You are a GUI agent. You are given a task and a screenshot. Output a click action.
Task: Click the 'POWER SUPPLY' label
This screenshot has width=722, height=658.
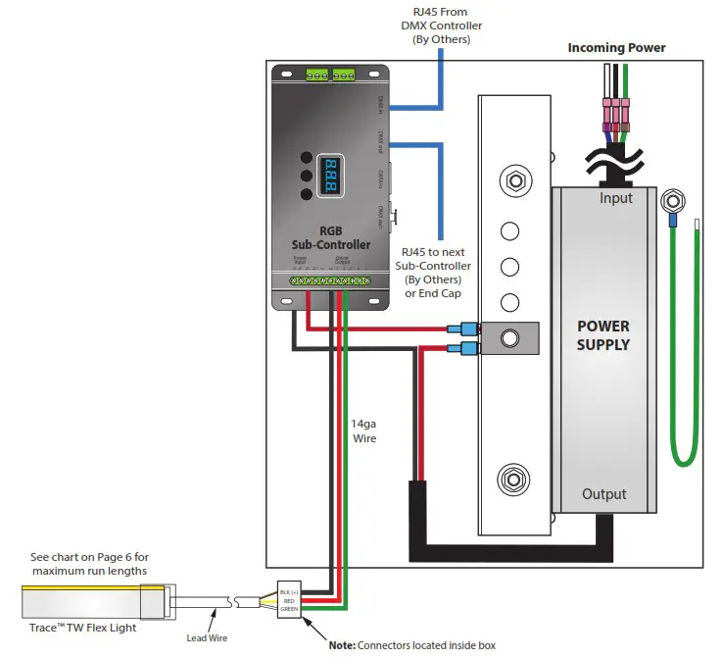602,335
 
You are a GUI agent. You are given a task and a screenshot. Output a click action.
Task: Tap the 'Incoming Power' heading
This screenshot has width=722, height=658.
617,48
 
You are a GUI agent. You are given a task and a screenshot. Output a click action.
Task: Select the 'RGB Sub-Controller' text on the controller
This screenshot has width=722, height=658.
330,236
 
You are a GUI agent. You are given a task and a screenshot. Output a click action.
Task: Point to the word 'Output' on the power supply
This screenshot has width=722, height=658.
603,494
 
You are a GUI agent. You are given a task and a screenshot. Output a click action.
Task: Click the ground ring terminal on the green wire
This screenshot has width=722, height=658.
671,204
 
